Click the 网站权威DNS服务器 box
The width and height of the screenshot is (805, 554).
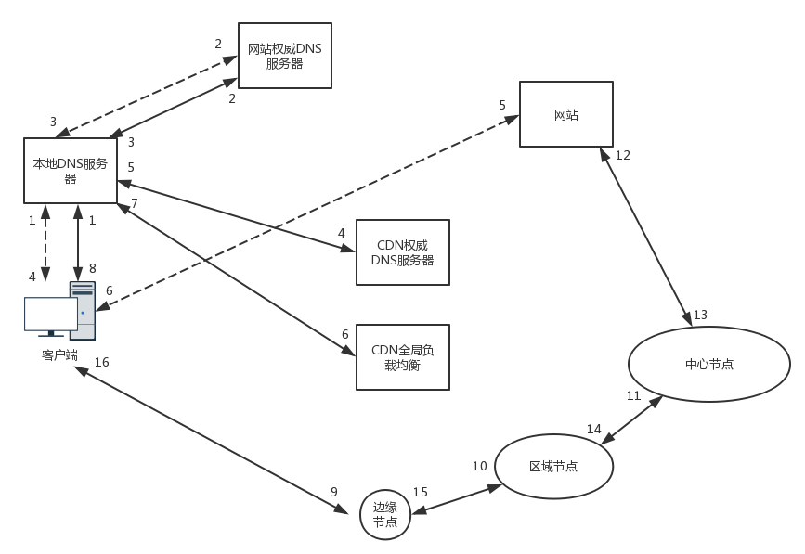tap(284, 55)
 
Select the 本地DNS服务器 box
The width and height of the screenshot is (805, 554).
tap(71, 170)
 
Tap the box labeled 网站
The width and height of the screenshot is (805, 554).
tap(565, 114)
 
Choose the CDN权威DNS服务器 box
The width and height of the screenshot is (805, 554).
tap(402, 252)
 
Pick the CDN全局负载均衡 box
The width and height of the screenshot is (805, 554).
tap(402, 356)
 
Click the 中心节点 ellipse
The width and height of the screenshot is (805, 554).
tap(709, 364)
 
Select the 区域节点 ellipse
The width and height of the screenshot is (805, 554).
tap(553, 466)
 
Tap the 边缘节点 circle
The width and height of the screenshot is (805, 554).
tap(385, 515)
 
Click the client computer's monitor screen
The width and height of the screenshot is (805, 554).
tap(50, 314)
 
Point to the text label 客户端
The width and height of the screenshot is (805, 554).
tap(59, 355)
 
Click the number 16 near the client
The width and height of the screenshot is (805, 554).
tap(101, 362)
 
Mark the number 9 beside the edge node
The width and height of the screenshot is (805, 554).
tap(334, 492)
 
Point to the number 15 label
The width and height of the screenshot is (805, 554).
tap(420, 492)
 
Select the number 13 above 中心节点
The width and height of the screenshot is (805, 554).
tap(700, 315)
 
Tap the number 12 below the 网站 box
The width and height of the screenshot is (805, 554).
tap(622, 155)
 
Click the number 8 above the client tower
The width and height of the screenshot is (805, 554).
tap(93, 267)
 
